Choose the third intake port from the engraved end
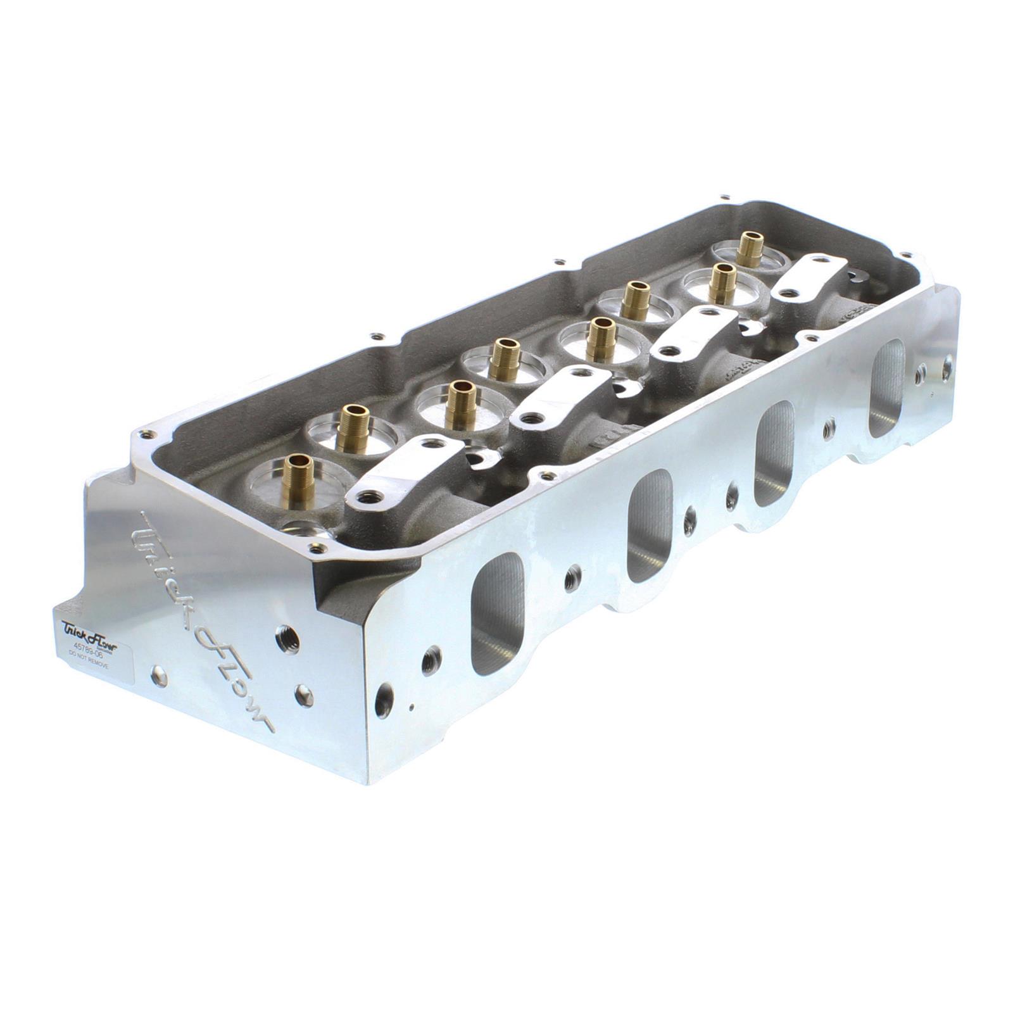[x=774, y=453]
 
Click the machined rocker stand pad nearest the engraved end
[x=412, y=469]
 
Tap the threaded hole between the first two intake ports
[x=572, y=578]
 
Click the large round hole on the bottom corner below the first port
[x=384, y=699]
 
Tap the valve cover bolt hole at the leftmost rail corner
[x=148, y=435]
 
